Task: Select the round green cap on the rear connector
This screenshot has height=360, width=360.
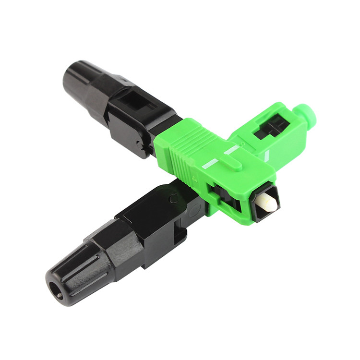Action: [300, 112]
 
